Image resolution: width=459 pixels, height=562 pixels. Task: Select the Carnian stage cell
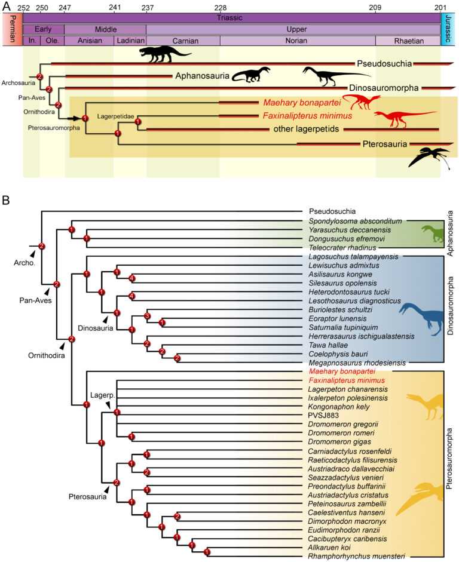click(x=183, y=41)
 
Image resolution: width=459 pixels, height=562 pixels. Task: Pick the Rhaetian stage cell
click(x=408, y=41)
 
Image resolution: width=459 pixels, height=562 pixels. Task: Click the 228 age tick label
click(x=221, y=7)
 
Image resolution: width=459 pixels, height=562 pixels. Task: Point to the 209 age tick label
click(x=375, y=7)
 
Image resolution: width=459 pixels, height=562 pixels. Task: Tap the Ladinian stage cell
click(x=130, y=41)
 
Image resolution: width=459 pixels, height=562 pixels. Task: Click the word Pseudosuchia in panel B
click(x=332, y=211)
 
